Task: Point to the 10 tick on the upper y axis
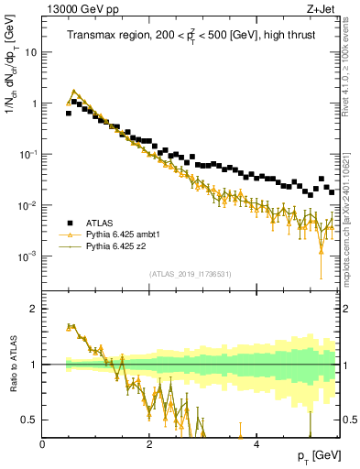point(31,52)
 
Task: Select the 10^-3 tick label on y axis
point(28,256)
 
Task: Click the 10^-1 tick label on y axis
point(28,154)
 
